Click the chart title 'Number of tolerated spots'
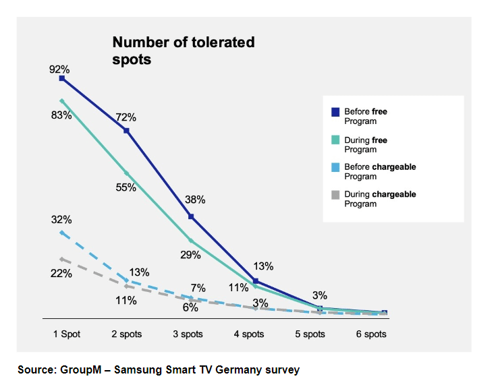(183, 51)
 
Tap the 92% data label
(59, 69)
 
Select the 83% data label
(60, 115)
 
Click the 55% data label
(126, 187)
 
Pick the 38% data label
(195, 200)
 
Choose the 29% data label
(190, 255)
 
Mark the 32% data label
(61, 220)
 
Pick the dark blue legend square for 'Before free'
(335, 112)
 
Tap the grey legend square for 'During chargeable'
(335, 195)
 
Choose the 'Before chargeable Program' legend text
(380, 172)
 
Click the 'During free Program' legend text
(366, 144)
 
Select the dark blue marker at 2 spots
(126, 130)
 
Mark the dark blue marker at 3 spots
(191, 216)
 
